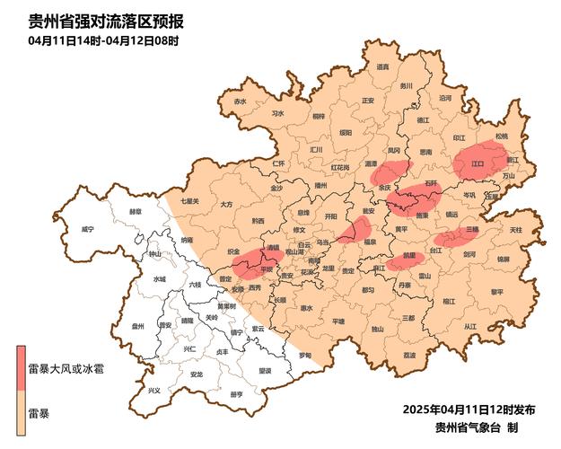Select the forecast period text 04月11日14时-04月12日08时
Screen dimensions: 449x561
(103, 40)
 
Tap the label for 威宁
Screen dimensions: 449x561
(87, 230)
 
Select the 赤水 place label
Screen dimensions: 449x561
(239, 101)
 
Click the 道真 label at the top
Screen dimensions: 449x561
(382, 66)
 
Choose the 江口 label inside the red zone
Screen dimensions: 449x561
(478, 164)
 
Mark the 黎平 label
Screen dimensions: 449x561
(497, 291)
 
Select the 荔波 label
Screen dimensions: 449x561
(409, 356)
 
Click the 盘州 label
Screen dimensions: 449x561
(138, 328)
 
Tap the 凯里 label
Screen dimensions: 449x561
(410, 256)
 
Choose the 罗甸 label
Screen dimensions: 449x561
(305, 354)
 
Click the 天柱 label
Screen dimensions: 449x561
(515, 230)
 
